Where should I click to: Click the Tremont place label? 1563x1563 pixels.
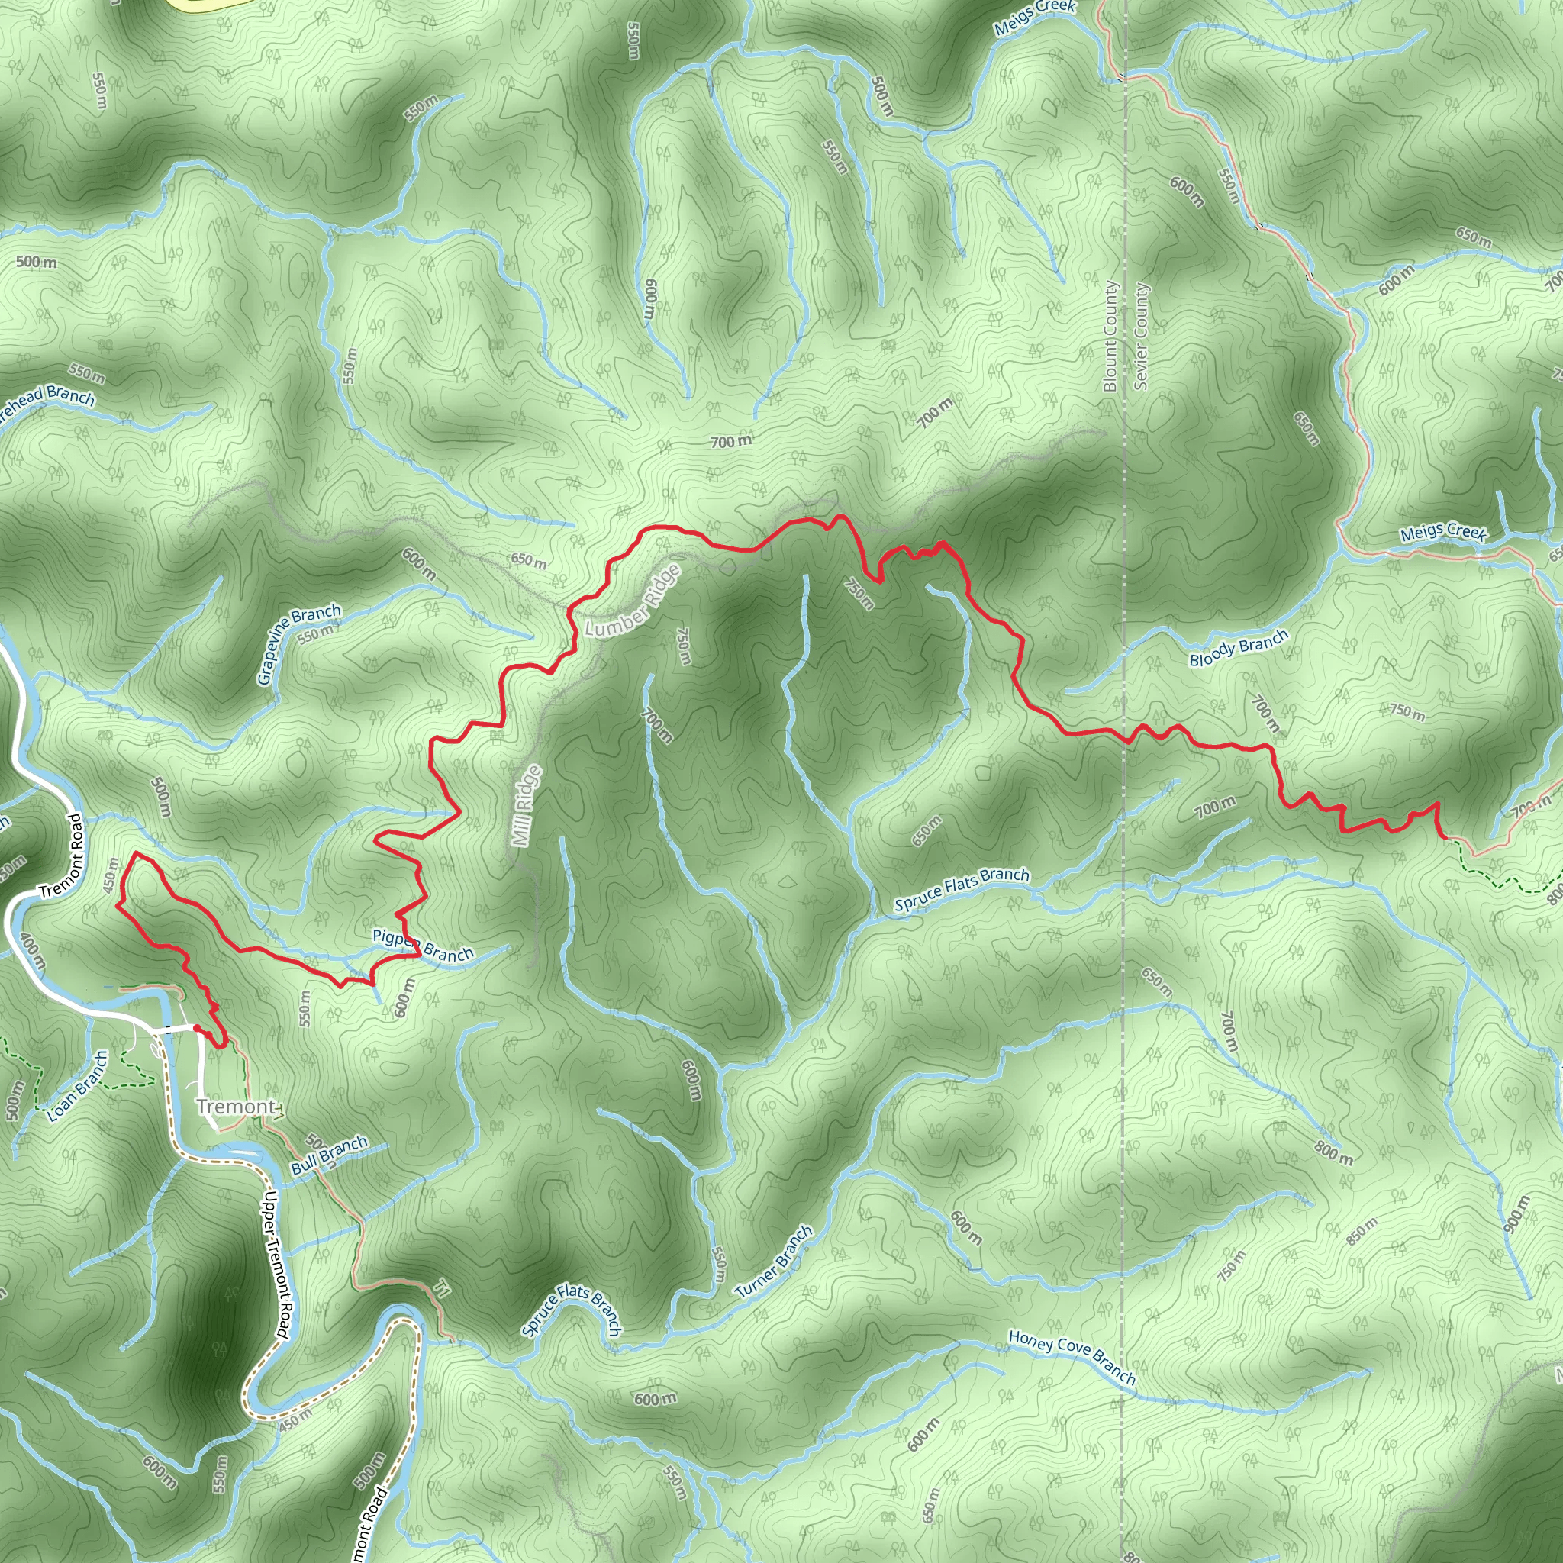pyautogui.click(x=235, y=1106)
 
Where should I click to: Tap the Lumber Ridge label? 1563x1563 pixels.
pyautogui.click(x=633, y=601)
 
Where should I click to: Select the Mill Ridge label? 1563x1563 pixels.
pyautogui.click(x=527, y=806)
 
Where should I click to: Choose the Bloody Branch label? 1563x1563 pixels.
pyautogui.click(x=1238, y=648)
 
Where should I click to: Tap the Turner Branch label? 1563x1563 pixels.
pyautogui.click(x=774, y=1262)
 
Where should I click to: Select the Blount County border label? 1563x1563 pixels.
pyautogui.click(x=1110, y=336)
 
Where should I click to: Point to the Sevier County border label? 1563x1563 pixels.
pyautogui.click(x=1141, y=336)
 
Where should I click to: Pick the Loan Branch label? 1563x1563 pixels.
pyautogui.click(x=78, y=1087)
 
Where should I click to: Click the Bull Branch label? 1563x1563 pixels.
pyautogui.click(x=329, y=1155)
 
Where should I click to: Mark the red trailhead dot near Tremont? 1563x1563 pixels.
pyautogui.click(x=197, y=1028)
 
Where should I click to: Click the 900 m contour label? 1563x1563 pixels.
pyautogui.click(x=1517, y=1213)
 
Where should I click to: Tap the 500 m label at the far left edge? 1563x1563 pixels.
pyautogui.click(x=37, y=262)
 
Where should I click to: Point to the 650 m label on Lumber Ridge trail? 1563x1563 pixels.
pyautogui.click(x=528, y=560)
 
